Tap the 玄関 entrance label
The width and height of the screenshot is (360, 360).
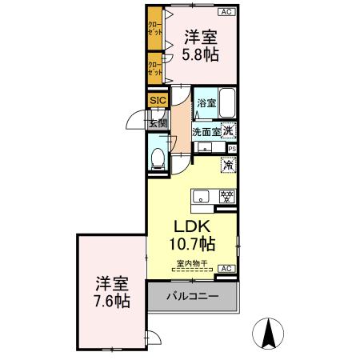(x=157, y=122)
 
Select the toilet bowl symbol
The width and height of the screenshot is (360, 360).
(x=158, y=156)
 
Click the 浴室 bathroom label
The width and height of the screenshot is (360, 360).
(x=207, y=103)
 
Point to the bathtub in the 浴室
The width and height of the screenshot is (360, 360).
(x=227, y=103)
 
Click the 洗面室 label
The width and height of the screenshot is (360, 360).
(x=206, y=131)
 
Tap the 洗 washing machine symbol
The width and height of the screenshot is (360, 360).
(x=229, y=130)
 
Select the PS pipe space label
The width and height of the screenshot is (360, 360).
(x=233, y=148)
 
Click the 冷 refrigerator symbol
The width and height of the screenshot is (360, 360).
(x=228, y=166)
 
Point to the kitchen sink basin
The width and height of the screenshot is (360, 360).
(x=200, y=196)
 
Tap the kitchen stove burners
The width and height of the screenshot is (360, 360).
(x=226, y=196)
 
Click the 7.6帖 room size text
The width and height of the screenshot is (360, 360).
(x=112, y=302)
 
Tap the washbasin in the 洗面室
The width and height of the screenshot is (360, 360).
(x=205, y=147)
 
